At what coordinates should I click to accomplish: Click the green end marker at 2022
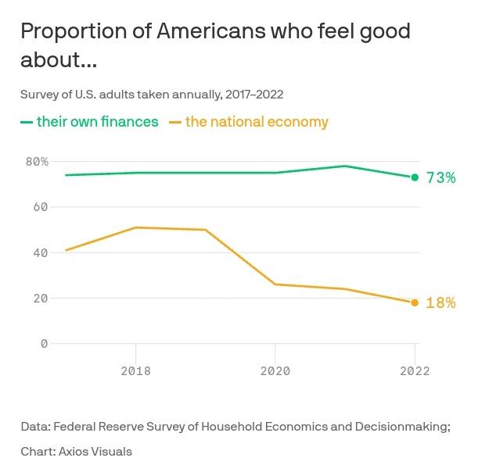click(x=415, y=177)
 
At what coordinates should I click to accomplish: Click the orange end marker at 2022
click(x=415, y=302)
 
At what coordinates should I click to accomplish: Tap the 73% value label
click(x=440, y=178)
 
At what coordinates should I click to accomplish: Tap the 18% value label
click(x=440, y=303)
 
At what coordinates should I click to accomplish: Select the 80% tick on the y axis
click(x=37, y=162)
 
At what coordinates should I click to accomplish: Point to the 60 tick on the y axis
click(x=41, y=207)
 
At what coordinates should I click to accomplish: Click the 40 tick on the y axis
click(x=41, y=252)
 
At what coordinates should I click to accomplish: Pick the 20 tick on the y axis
click(x=41, y=298)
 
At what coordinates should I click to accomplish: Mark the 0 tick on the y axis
click(x=44, y=344)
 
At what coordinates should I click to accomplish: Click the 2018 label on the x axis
click(x=136, y=371)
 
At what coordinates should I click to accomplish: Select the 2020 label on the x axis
click(x=275, y=371)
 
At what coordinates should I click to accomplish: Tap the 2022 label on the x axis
click(x=414, y=371)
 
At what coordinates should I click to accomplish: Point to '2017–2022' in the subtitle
click(x=253, y=95)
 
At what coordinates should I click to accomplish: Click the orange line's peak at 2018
click(x=136, y=227)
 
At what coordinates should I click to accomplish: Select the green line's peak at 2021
click(x=345, y=166)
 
